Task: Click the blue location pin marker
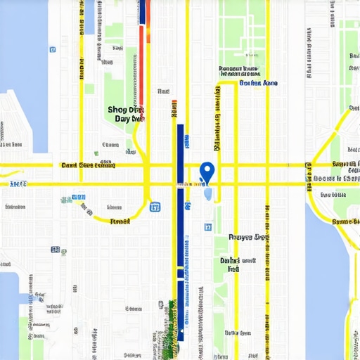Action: point(207,171)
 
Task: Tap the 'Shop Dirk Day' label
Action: point(127,114)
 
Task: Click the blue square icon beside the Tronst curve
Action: point(155,207)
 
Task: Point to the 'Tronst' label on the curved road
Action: point(120,221)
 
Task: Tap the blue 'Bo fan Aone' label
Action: point(258,83)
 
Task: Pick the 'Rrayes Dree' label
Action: point(249,238)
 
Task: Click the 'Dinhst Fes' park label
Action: point(229,264)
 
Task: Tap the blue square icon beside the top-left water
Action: point(53,49)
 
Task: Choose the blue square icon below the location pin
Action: point(207,227)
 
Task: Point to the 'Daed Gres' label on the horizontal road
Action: point(88,166)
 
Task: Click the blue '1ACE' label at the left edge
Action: point(18,184)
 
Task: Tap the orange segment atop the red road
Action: point(146,32)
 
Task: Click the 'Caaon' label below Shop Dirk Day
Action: point(110,146)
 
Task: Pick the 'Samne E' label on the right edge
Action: point(345,221)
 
